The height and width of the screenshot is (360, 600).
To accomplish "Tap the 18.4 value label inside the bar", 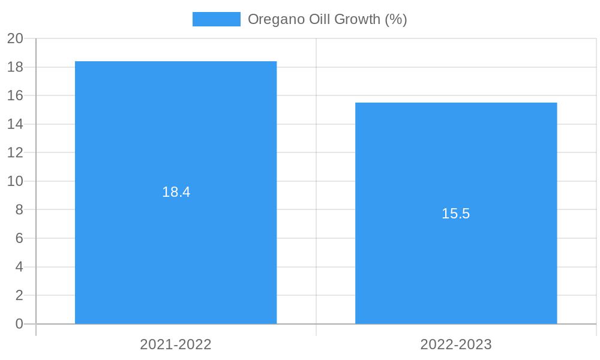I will (x=176, y=192).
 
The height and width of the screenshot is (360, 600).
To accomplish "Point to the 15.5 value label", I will (x=456, y=214).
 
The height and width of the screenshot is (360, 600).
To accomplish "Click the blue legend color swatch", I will (x=216, y=19).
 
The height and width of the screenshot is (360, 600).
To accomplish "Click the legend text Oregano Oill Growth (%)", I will (x=327, y=19).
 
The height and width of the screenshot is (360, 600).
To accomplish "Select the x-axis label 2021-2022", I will (x=176, y=344).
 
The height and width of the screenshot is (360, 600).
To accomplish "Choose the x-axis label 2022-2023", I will (x=456, y=344).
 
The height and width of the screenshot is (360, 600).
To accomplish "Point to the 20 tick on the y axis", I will (x=15, y=38).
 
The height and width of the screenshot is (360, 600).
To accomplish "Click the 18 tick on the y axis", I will (x=15, y=67).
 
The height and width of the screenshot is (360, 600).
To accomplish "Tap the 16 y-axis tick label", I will (x=15, y=95).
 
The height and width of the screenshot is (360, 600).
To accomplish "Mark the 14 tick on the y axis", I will (x=15, y=124).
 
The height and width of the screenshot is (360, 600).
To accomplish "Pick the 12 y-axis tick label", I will (x=15, y=152).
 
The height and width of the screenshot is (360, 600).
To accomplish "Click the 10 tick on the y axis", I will (x=15, y=181).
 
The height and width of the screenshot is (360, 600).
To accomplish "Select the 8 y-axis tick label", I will (x=19, y=209).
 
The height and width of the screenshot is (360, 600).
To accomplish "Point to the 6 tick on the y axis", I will (x=19, y=238).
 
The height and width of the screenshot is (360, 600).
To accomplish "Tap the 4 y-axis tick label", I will (x=19, y=266).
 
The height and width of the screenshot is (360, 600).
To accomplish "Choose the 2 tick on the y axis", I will (x=19, y=295).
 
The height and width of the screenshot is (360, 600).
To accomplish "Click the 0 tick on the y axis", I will (x=19, y=324).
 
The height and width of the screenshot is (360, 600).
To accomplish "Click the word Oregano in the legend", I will (x=273, y=19).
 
